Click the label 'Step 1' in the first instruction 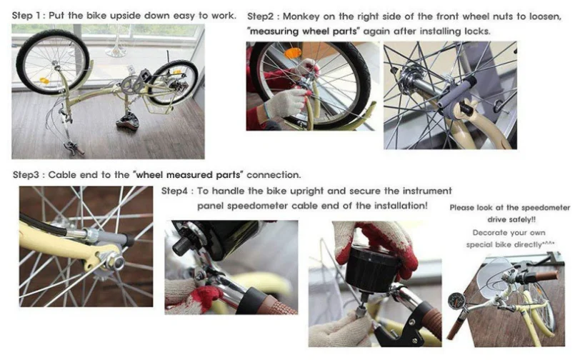click(x=28, y=16)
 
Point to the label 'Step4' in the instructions click(x=174, y=191)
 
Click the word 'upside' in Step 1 click(x=126, y=16)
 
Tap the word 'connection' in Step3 click(x=274, y=174)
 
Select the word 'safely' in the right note click(x=522, y=219)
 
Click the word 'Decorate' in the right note click(x=489, y=233)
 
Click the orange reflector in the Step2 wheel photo click(x=293, y=54)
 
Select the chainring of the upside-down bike click(x=129, y=86)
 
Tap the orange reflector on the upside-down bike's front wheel click(x=44, y=81)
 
